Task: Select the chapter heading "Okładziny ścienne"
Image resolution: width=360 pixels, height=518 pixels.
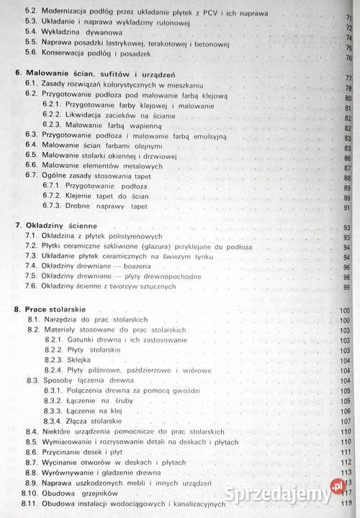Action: [x=61, y=226]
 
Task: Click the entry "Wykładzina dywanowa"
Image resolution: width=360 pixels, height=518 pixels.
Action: [x=79, y=33]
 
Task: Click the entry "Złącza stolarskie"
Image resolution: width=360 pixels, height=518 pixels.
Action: [x=100, y=420]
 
